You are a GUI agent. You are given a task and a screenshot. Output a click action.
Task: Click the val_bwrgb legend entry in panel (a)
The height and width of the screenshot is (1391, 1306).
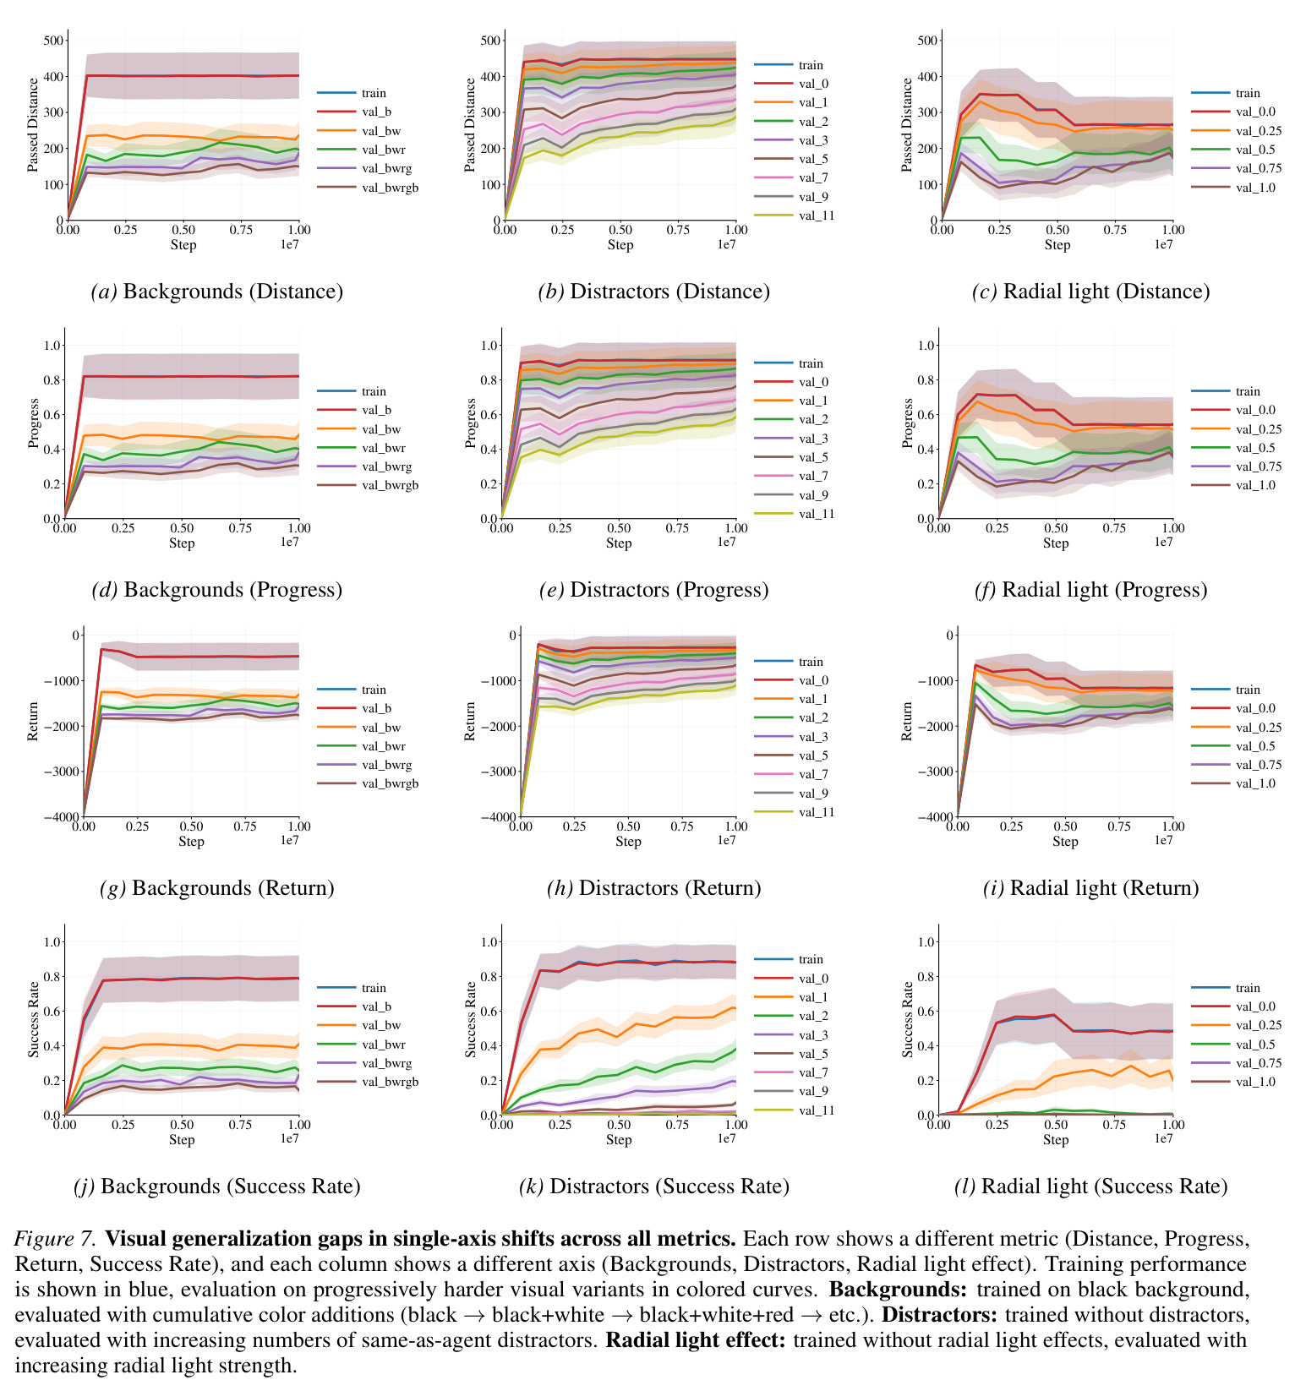pyautogui.click(x=368, y=187)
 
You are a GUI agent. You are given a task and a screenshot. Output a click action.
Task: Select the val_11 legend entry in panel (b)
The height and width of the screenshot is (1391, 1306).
pyautogui.click(x=794, y=215)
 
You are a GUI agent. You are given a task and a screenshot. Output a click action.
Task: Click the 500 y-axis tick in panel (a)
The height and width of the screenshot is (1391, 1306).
pyautogui.click(x=53, y=41)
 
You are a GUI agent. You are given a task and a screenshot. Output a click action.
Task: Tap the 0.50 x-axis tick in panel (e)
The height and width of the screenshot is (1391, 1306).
pyautogui.click(x=619, y=528)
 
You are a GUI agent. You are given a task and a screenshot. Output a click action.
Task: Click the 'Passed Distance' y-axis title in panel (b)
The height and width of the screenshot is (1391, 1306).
pyautogui.click(x=470, y=125)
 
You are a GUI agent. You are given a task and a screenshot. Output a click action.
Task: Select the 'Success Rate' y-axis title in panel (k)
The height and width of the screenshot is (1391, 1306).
pyautogui.click(x=470, y=1019)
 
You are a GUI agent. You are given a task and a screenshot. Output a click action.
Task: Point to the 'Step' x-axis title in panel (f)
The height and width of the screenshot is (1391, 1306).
pyautogui.click(x=1056, y=543)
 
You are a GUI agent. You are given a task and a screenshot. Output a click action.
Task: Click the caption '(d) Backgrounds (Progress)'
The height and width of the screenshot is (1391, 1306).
pyautogui.click(x=217, y=590)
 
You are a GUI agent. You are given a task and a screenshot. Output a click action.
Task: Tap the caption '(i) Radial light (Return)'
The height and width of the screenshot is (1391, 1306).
pyautogui.click(x=1091, y=888)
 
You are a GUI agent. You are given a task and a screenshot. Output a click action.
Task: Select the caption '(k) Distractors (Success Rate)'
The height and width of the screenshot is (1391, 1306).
pyautogui.click(x=654, y=1186)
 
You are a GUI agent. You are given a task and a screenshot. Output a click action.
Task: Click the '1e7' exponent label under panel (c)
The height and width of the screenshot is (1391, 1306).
pyautogui.click(x=1164, y=244)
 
